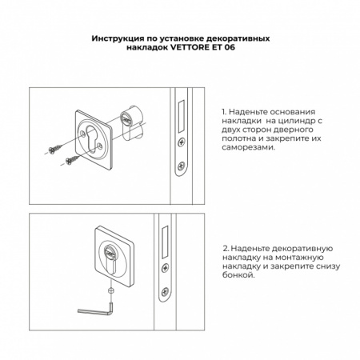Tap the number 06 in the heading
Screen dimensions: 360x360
tap(230, 48)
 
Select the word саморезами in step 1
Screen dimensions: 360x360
tap(248, 147)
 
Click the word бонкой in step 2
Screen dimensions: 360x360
tap(238, 275)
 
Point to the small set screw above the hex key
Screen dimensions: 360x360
tap(111, 290)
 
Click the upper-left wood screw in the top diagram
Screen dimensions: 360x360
tap(55, 149)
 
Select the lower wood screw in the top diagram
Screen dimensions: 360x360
tap(72, 160)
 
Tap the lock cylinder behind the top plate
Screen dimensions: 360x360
tap(132, 122)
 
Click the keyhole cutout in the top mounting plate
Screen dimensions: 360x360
tap(91, 138)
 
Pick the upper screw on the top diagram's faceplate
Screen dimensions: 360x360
tap(182, 142)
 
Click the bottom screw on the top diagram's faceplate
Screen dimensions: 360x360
tap(182, 166)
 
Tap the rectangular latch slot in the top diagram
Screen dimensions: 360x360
tap(182, 116)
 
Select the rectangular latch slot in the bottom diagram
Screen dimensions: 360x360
tap(166, 242)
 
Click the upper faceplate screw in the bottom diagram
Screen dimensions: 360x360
tap(166, 267)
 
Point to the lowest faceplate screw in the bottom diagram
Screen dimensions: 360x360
tap(166, 291)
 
